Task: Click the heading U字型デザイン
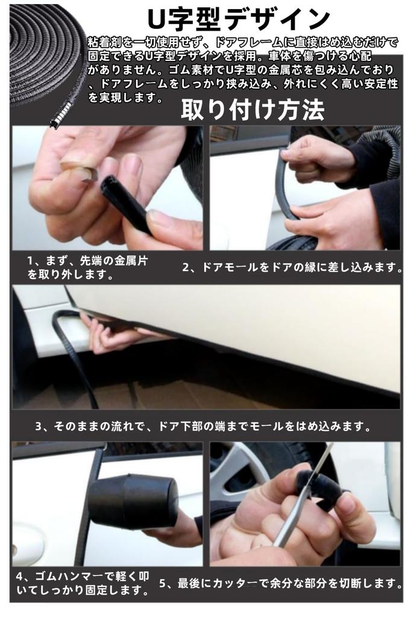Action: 239,19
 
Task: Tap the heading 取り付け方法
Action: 253,110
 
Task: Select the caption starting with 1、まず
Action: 88,268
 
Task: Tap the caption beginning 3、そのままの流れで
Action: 202,426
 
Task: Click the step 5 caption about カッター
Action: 281,583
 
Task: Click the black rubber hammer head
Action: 133,501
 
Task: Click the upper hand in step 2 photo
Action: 316,158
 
